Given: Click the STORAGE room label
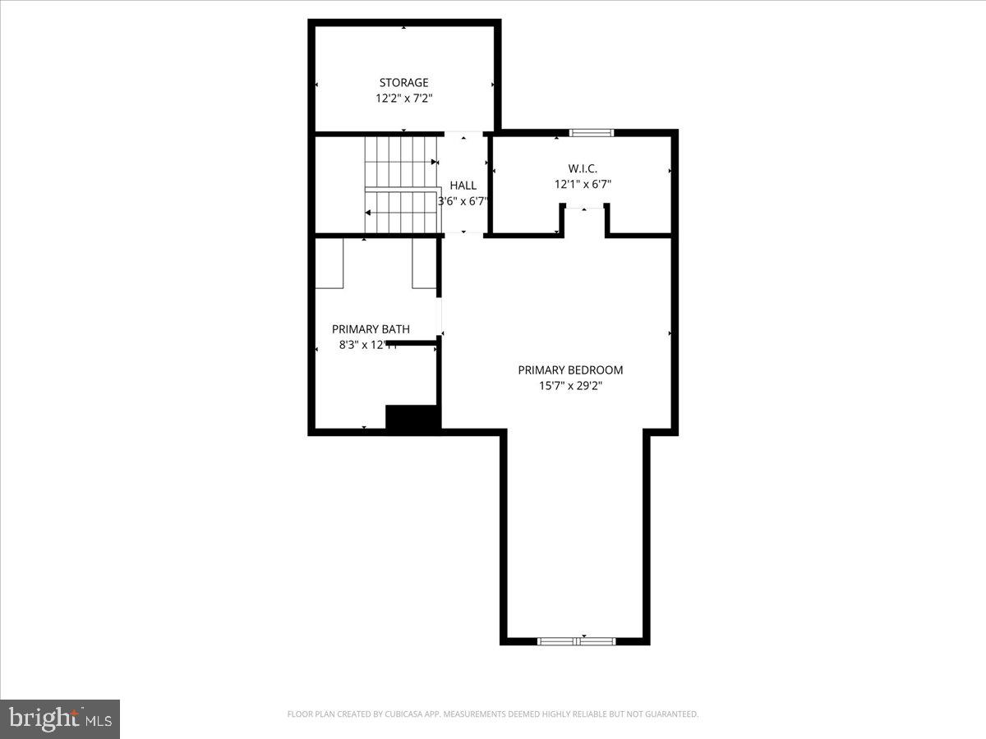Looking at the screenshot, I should click(403, 82).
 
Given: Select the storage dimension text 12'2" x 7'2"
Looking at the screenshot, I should click(403, 98).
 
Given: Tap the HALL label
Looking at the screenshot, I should click(463, 186).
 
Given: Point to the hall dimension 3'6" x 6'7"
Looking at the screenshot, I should click(463, 200).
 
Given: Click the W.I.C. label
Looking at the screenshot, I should click(583, 169).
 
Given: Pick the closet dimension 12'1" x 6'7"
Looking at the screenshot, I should click(583, 185).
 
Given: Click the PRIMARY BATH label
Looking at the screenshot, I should click(371, 329).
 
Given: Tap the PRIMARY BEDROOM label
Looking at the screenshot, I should click(570, 370).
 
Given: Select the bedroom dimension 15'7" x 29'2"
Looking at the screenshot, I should click(570, 385).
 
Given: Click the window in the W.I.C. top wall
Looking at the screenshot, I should click(592, 133).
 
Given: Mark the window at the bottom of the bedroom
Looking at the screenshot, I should click(576, 641).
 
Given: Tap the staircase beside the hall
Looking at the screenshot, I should click(401, 185).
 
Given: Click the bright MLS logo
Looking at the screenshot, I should click(60, 718).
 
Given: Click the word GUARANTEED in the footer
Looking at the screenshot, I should click(670, 714).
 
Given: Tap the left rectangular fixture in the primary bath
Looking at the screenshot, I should click(330, 263).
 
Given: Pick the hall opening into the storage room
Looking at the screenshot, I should click(463, 134).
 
